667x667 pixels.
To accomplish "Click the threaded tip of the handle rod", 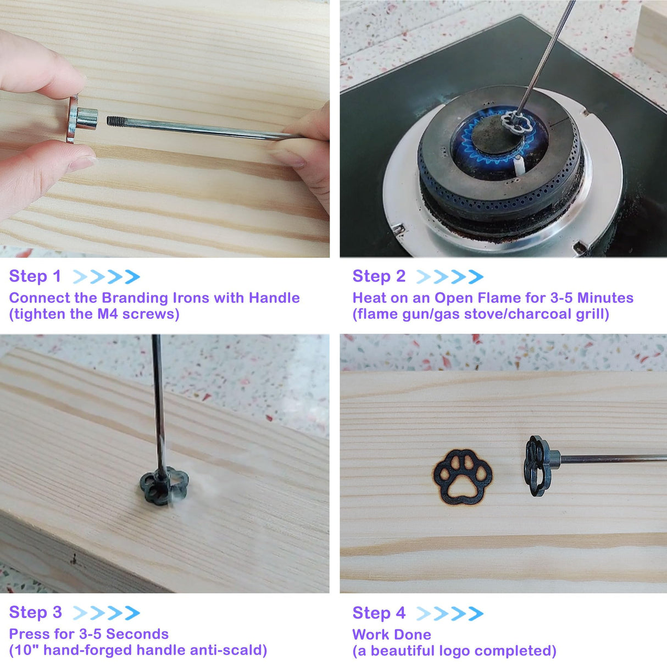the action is pos(116,121).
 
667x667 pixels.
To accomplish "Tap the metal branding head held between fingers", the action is pos(83,119).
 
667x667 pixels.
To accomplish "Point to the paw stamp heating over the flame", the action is pos(516,124).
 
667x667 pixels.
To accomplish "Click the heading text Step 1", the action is pos(35,276).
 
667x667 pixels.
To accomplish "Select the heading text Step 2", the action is pos(379,276).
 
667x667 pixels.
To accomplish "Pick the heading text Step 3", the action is pos(35,612).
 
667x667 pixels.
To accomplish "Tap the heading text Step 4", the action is pos(379,613).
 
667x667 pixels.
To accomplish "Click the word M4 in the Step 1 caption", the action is pos(108,314).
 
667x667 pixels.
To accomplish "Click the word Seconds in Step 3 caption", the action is pos(137,634).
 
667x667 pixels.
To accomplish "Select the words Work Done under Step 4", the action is pos(392,635).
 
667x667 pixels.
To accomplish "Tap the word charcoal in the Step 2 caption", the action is pos(540,314).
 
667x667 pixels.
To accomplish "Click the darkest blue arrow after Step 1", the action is pos(132,276).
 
